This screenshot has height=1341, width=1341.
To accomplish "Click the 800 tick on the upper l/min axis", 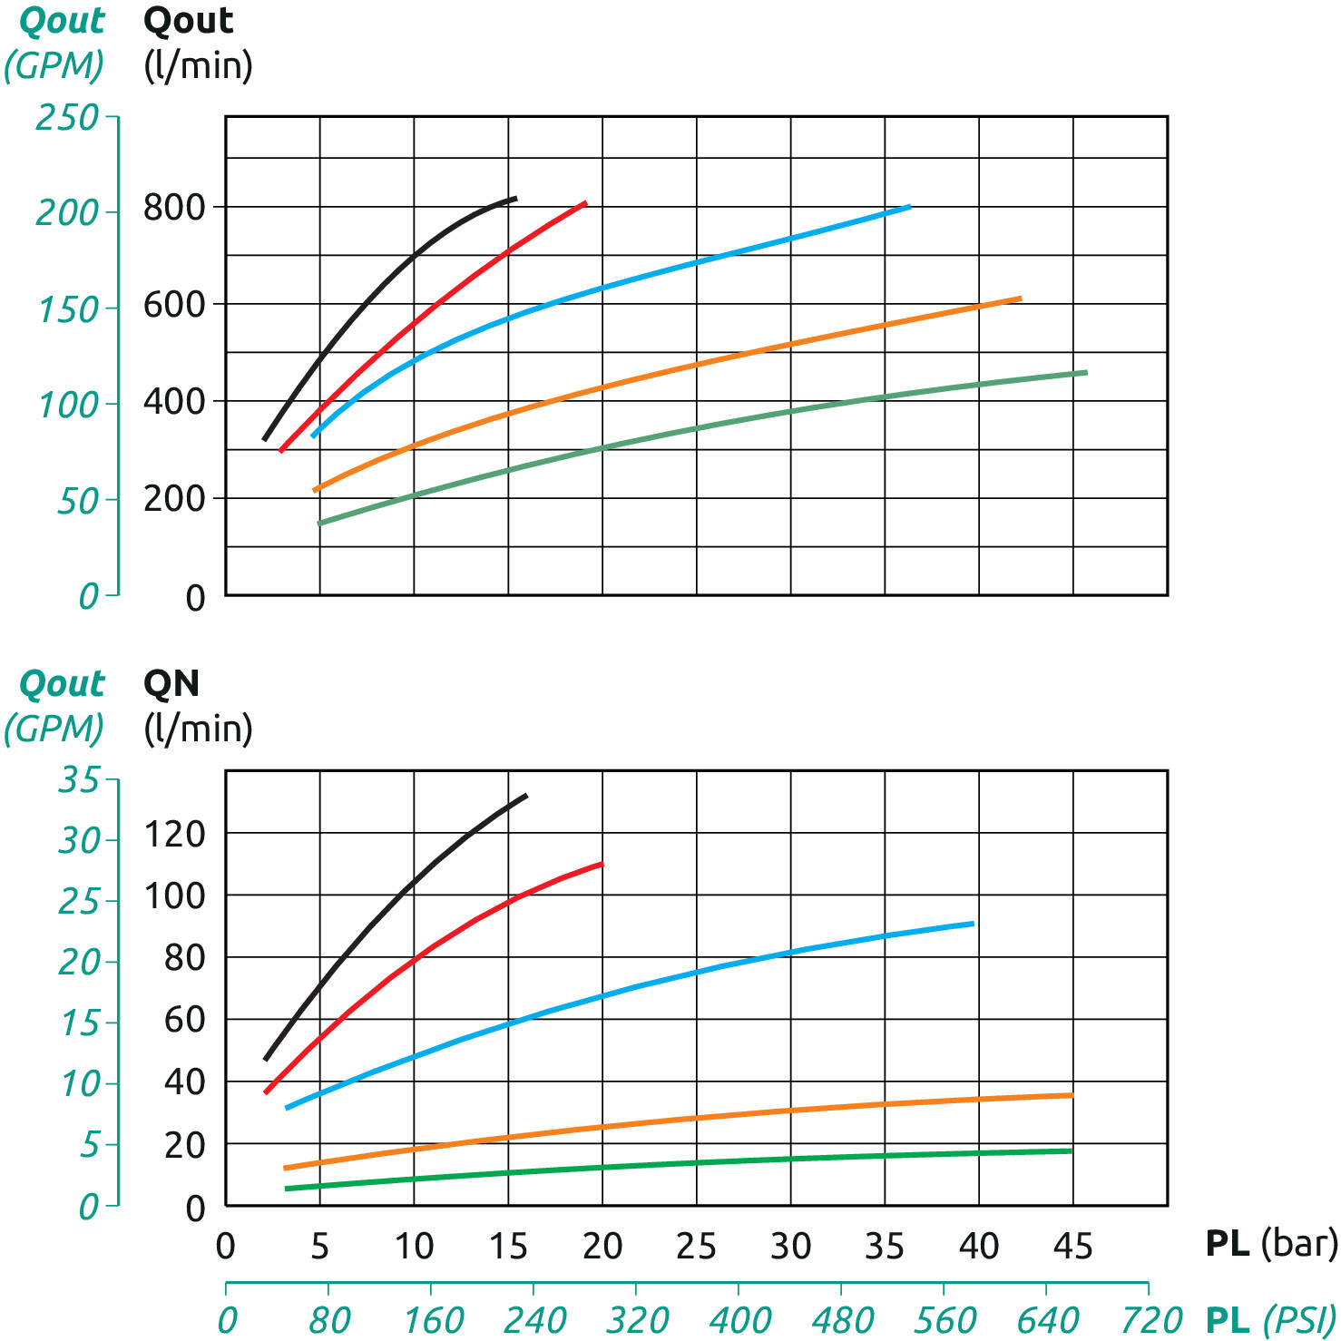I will [174, 208].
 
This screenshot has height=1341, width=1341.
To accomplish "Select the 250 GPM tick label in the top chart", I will [66, 117].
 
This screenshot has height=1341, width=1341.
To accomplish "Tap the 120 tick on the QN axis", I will [174, 834].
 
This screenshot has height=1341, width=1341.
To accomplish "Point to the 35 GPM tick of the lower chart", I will [78, 778].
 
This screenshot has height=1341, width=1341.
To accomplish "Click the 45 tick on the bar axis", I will [1072, 1246].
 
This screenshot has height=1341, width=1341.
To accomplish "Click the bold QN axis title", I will [171, 683].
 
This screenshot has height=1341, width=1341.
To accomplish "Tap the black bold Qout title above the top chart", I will [189, 21].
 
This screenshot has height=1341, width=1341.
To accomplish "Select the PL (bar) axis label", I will [1270, 1243].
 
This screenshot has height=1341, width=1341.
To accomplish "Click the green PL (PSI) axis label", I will [1270, 1319].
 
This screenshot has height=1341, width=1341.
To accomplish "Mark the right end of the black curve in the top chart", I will [515, 198].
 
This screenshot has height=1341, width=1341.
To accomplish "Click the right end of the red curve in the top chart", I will [585, 203].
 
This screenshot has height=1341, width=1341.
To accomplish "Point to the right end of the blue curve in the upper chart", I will [909, 207].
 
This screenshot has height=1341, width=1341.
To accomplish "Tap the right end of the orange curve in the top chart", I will [1021, 298].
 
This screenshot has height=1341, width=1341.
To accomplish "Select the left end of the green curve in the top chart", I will [318, 524].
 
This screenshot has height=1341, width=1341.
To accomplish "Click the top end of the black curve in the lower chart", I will [526, 796].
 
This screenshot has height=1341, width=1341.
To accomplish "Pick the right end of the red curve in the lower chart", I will [602, 864].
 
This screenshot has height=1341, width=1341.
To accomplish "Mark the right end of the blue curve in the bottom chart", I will [973, 924].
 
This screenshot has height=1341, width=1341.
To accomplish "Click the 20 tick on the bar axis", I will [602, 1246].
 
